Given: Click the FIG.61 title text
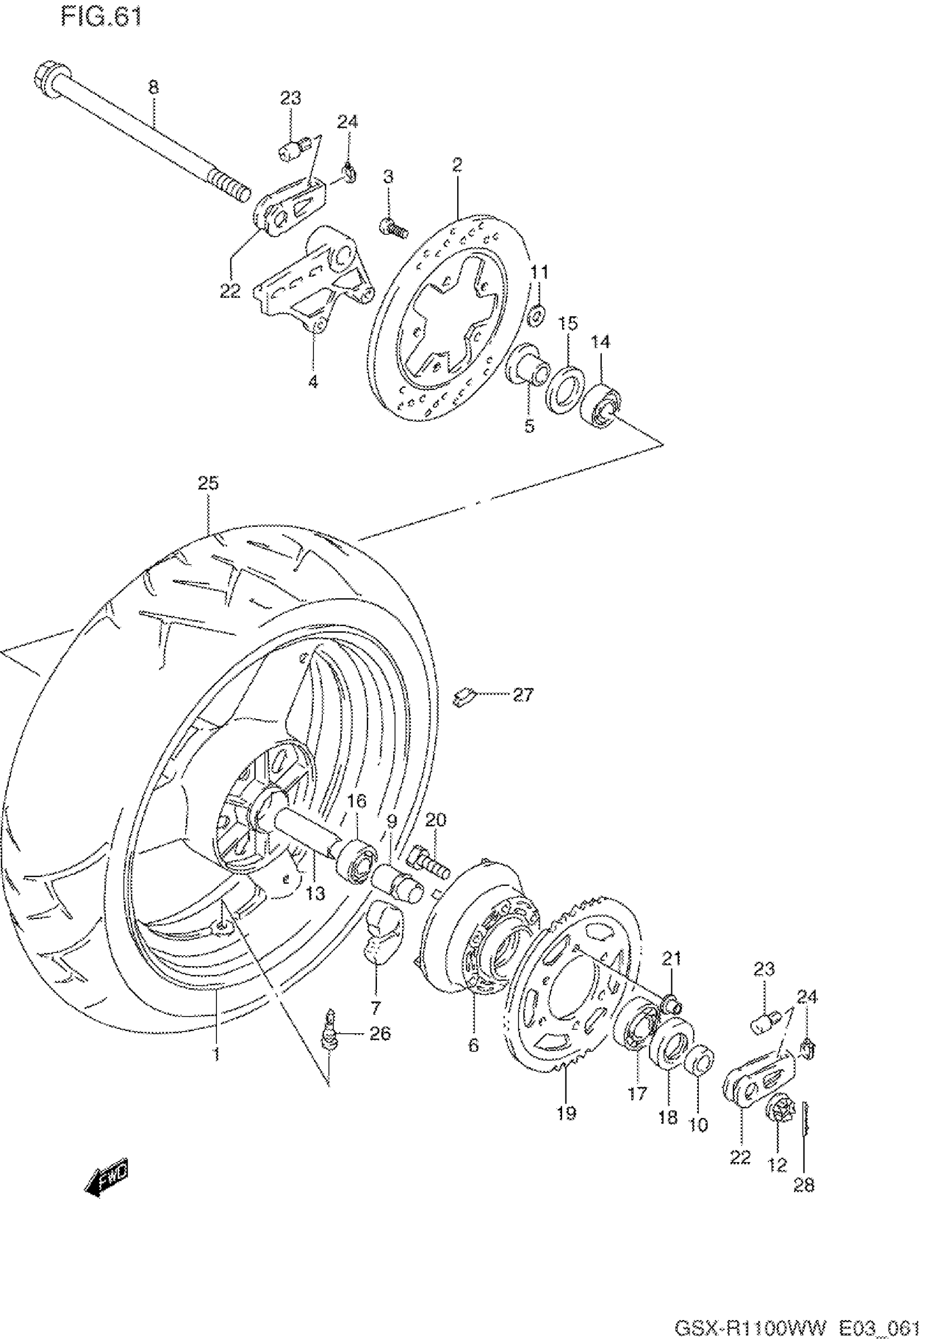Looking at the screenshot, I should (x=101, y=17).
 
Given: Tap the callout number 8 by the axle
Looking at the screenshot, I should (x=153, y=88).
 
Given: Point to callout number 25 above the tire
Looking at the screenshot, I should (x=208, y=484).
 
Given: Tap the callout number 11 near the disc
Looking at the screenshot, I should (x=539, y=272).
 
